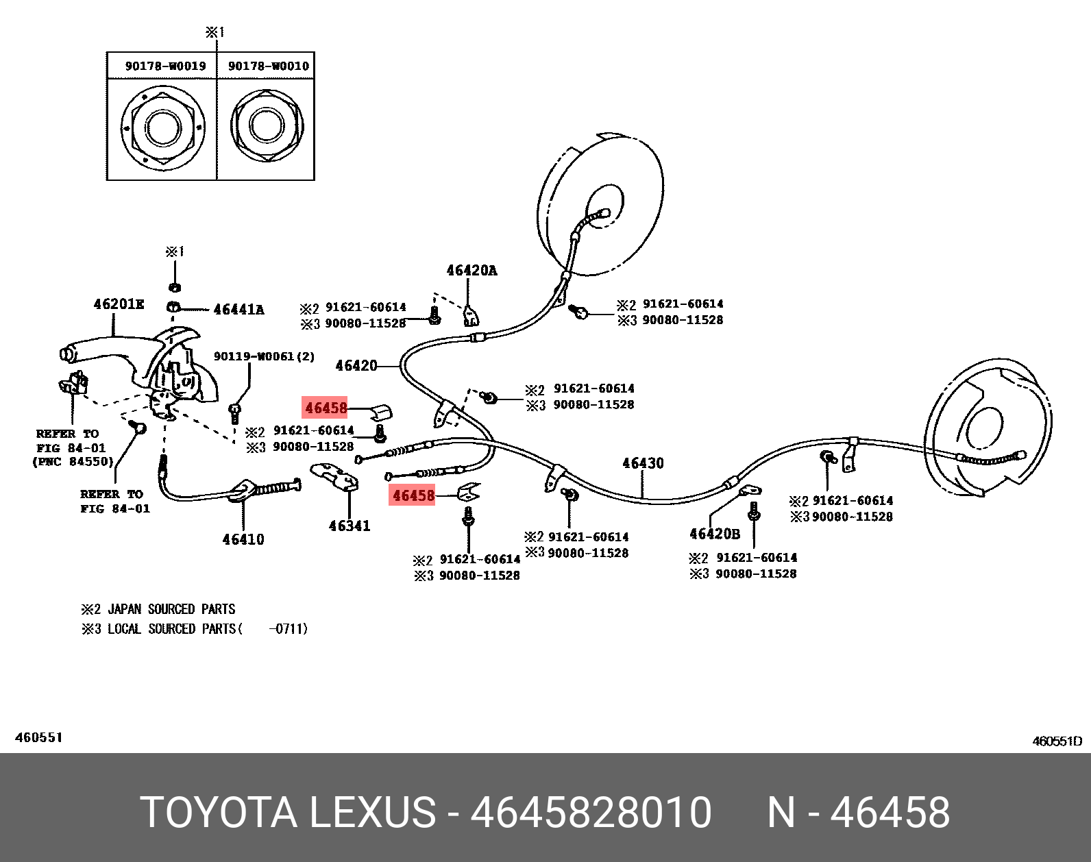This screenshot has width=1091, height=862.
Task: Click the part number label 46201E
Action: (x=119, y=304)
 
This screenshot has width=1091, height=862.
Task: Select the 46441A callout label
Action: (x=238, y=310)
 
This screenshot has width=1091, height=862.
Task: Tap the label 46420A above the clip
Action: (x=471, y=271)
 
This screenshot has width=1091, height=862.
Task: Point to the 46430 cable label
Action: (x=643, y=463)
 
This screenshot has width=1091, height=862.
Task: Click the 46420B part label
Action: (x=715, y=534)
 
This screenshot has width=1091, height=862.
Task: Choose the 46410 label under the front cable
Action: (x=243, y=539)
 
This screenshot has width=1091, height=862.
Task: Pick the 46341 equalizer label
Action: (x=349, y=526)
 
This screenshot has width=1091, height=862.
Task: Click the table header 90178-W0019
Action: (x=165, y=66)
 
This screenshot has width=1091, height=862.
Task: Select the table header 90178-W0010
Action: (x=268, y=66)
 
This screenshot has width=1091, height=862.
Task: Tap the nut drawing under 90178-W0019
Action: (x=163, y=128)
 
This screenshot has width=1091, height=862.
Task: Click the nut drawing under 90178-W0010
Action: (x=267, y=126)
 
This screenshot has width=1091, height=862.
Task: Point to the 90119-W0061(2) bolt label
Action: (x=264, y=356)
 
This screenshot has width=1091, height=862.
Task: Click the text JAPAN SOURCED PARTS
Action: (x=171, y=609)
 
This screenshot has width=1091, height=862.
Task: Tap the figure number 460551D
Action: (x=1057, y=741)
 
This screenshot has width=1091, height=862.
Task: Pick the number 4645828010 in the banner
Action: (x=591, y=813)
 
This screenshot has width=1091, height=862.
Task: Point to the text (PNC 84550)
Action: (x=73, y=462)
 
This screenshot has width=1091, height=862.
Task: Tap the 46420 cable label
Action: (x=356, y=366)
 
